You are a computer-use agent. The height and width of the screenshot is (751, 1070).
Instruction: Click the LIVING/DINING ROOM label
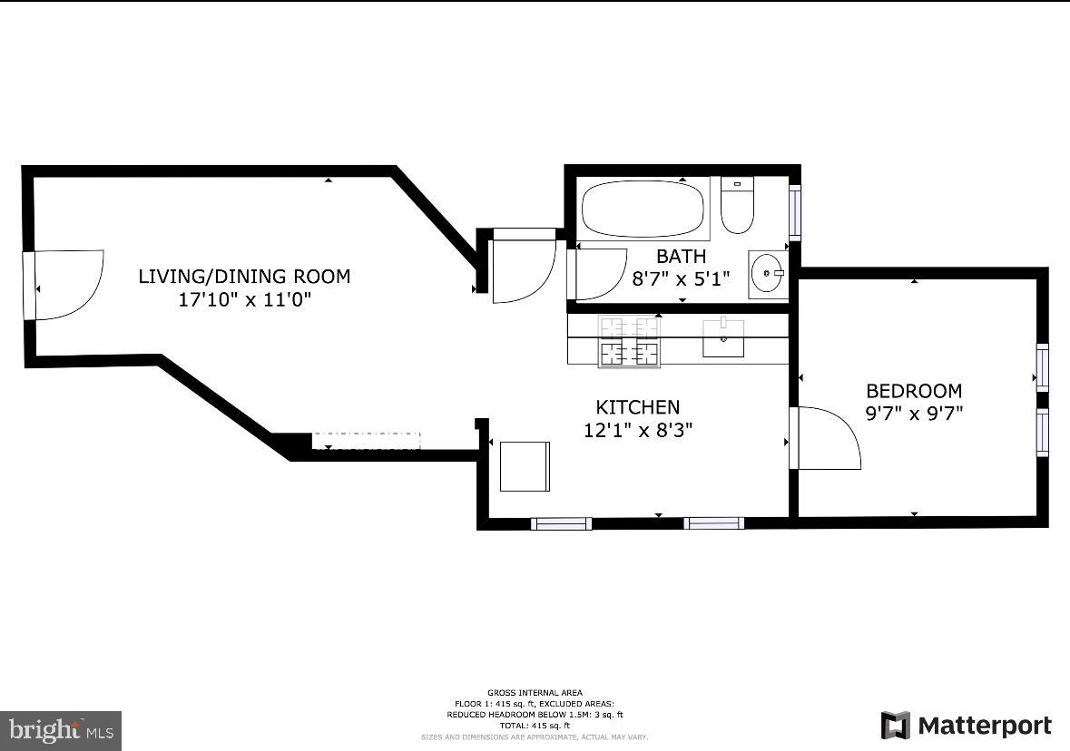244,276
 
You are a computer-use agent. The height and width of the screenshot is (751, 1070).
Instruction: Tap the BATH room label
681,256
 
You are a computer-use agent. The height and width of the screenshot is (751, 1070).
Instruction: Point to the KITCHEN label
637,407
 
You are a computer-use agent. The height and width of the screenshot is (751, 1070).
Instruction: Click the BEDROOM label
914,391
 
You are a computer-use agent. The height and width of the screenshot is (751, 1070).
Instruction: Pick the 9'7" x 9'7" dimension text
914,414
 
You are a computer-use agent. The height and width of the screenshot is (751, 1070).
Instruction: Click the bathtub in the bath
643,209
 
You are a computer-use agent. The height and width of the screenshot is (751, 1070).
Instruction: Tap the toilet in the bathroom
737,205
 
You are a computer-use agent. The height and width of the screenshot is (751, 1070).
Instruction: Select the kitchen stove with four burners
628,341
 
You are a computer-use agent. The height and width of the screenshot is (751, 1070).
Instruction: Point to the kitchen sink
724,338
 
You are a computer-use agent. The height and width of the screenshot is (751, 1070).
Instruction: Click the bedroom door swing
826,438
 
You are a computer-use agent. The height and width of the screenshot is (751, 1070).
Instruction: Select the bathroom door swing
599,273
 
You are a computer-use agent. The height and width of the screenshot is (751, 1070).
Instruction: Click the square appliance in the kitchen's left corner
525,466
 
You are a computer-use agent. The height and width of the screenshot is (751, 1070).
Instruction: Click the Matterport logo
967,726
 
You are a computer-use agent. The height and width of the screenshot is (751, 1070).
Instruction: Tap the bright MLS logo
60,729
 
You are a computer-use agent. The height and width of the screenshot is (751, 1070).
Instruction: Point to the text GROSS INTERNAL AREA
535,693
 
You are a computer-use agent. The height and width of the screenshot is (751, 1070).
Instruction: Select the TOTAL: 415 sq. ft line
535,726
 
